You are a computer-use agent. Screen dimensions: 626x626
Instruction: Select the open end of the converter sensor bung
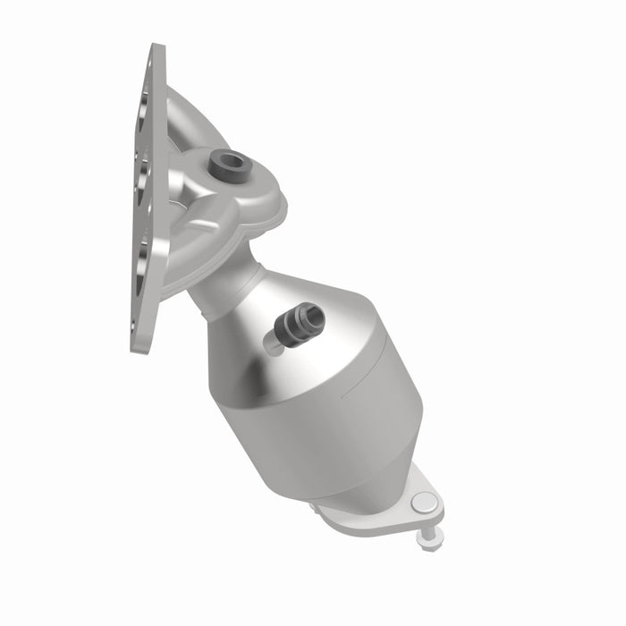pyautogui.click(x=310, y=314)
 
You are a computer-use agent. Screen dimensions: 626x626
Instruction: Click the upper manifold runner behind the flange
pyautogui.click(x=192, y=116)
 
